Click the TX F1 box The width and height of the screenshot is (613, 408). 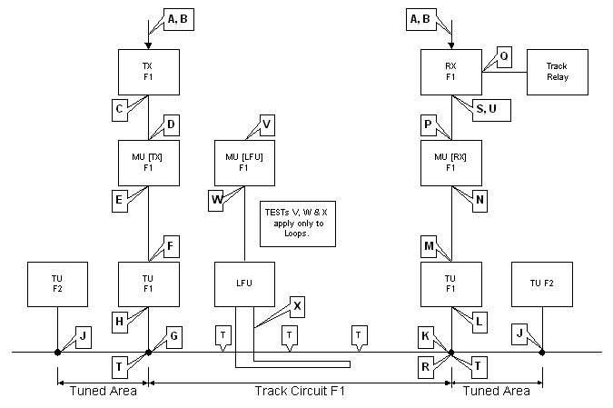[x=149, y=72]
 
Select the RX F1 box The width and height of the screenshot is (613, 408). [x=450, y=72]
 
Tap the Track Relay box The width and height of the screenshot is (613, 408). [x=557, y=72]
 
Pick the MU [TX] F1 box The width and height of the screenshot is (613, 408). [x=149, y=162]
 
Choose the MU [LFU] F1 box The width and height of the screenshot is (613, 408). [x=243, y=162]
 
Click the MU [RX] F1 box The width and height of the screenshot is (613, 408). [x=450, y=162]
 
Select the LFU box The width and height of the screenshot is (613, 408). [x=243, y=284]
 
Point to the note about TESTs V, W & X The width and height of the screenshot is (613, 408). [x=297, y=223]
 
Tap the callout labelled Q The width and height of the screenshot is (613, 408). [x=504, y=57]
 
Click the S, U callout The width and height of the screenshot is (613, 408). [x=491, y=110]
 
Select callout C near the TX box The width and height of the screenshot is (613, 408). [x=120, y=110]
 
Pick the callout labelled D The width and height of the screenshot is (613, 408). [x=171, y=124]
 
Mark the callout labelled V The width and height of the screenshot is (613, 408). [x=266, y=124]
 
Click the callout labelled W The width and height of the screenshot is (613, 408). [x=217, y=200]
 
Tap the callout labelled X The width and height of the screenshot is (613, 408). [x=297, y=306]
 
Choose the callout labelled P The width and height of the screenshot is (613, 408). [x=429, y=124]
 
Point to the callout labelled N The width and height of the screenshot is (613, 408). [x=480, y=200]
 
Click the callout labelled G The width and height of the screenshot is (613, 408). [x=173, y=338]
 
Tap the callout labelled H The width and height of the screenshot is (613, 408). [x=120, y=321]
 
